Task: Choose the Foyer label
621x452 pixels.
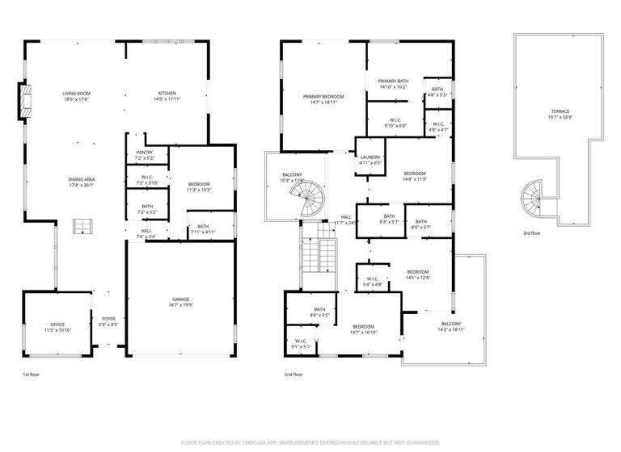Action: pyautogui.click(x=108, y=321)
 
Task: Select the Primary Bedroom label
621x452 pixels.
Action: pyautogui.click(x=323, y=97)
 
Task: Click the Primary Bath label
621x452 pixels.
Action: pyautogui.click(x=394, y=81)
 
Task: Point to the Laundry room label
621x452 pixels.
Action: pyautogui.click(x=370, y=157)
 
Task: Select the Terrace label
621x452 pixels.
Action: pyautogui.click(x=560, y=111)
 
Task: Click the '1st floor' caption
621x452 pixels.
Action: pyautogui.click(x=31, y=375)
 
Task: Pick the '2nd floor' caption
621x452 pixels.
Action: pyautogui.click(x=293, y=375)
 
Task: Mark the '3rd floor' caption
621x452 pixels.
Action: pyautogui.click(x=532, y=234)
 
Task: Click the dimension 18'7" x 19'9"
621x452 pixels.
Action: pyautogui.click(x=180, y=305)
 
